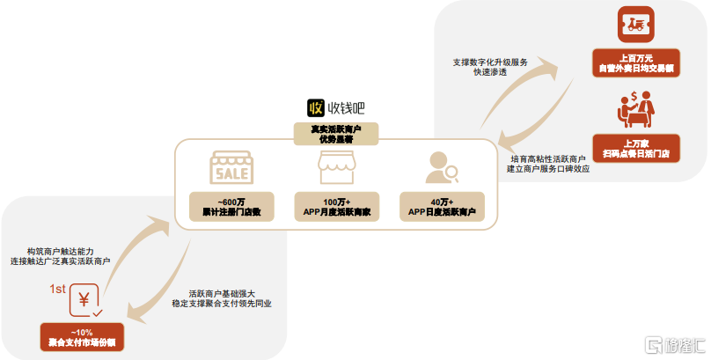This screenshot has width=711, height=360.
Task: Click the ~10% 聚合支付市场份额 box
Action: pos(83,336)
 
